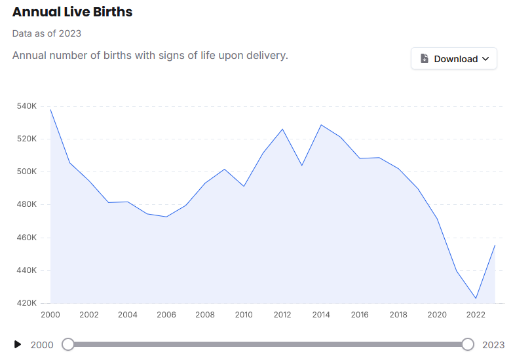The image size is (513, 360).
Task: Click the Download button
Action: click(453, 58)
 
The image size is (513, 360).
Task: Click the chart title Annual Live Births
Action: click(72, 12)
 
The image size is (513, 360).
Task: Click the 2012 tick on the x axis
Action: click(282, 315)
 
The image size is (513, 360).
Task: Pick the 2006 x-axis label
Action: click(166, 315)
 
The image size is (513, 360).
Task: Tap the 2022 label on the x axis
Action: click(476, 315)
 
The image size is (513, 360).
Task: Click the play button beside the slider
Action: click(18, 344)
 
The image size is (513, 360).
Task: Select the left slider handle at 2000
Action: click(68, 344)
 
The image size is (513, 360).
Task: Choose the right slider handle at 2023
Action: click(468, 344)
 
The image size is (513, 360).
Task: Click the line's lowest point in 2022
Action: click(476, 298)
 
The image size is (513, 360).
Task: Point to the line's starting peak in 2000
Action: click(50, 109)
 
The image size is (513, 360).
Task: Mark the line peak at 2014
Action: click(321, 124)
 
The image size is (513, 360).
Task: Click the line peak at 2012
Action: click(282, 129)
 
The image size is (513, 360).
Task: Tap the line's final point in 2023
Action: click(495, 245)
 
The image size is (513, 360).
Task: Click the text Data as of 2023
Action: click(47, 33)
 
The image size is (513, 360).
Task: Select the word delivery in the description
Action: click(266, 55)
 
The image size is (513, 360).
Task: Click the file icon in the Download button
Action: click(425, 58)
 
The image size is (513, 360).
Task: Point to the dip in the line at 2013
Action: click(301, 165)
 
